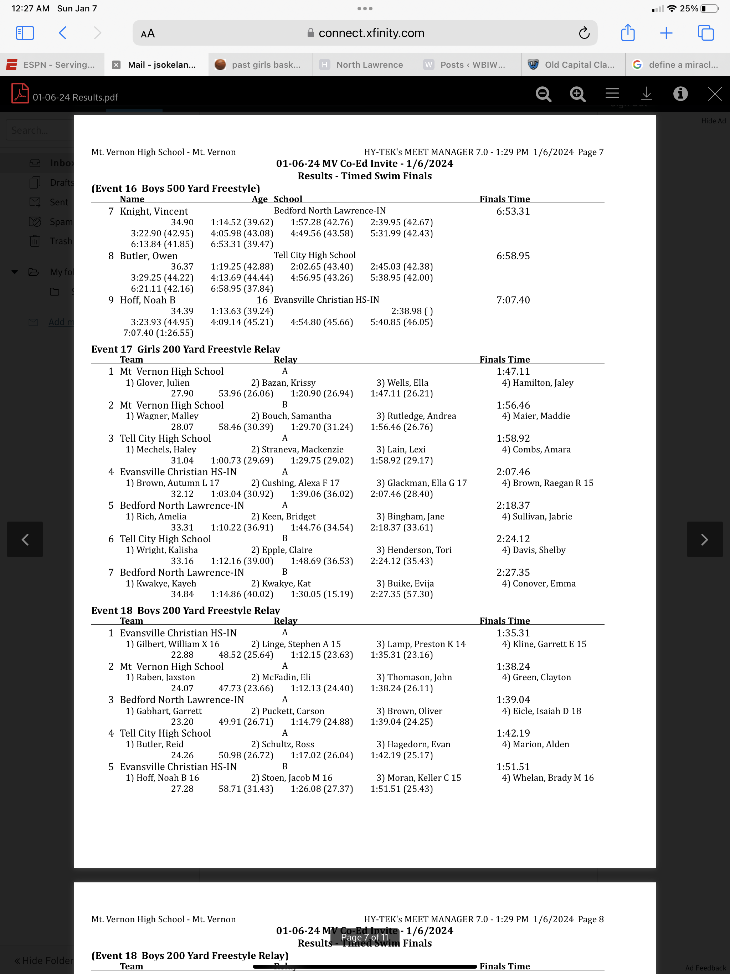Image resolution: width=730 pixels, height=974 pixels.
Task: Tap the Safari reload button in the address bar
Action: coord(584,33)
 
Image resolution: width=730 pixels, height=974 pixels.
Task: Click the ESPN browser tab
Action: coord(52,65)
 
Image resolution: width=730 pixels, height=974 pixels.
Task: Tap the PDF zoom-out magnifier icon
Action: coord(543,94)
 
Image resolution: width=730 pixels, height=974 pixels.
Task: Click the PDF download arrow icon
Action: coord(646,94)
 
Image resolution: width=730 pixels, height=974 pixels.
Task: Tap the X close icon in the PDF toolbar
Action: coord(714,94)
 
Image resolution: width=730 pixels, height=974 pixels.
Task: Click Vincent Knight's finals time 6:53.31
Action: coord(513,211)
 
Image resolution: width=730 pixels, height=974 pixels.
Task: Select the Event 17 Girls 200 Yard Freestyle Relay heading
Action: coord(185,349)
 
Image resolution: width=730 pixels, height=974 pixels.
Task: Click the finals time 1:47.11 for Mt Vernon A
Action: coord(513,371)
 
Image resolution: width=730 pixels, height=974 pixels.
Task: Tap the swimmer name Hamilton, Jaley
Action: coord(543,383)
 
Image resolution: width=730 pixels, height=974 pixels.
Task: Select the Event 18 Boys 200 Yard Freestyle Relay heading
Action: coord(185,610)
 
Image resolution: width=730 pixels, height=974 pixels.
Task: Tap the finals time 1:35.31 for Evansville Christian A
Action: coord(513,633)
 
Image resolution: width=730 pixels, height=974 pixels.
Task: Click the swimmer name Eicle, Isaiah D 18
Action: coord(546,711)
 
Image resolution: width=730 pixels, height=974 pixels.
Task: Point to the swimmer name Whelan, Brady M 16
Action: coord(553,778)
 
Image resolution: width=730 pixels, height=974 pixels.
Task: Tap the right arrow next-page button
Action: coord(704,539)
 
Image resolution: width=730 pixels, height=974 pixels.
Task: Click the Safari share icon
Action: coord(627,33)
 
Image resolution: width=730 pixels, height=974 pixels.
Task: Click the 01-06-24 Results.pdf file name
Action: coord(75,97)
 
